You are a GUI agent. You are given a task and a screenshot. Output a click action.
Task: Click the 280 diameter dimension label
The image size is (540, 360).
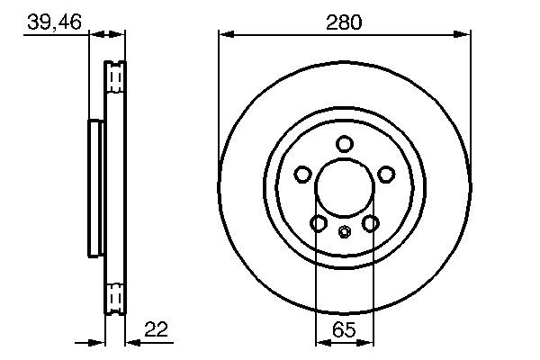[345, 22]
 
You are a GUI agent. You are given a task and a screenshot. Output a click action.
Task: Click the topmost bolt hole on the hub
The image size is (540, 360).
[345, 144]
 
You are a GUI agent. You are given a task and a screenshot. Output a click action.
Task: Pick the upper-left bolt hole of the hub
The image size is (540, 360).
[302, 175]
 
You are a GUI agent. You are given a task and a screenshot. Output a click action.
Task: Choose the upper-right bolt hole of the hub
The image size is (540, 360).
[387, 175]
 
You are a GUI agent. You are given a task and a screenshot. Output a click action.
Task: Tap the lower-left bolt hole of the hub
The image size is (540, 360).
[319, 223]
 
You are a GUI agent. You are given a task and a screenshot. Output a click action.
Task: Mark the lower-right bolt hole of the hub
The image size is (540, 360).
[371, 223]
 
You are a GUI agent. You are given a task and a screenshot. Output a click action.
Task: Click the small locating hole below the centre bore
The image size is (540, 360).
[345, 233]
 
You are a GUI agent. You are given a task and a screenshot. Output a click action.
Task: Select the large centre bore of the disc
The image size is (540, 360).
[345, 189]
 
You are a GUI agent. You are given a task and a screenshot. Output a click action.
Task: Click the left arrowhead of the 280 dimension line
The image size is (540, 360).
[225, 35]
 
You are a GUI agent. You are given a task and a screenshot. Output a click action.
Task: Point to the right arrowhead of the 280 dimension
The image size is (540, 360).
[464, 35]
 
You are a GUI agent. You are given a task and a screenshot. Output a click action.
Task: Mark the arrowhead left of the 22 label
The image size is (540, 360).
[130, 342]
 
